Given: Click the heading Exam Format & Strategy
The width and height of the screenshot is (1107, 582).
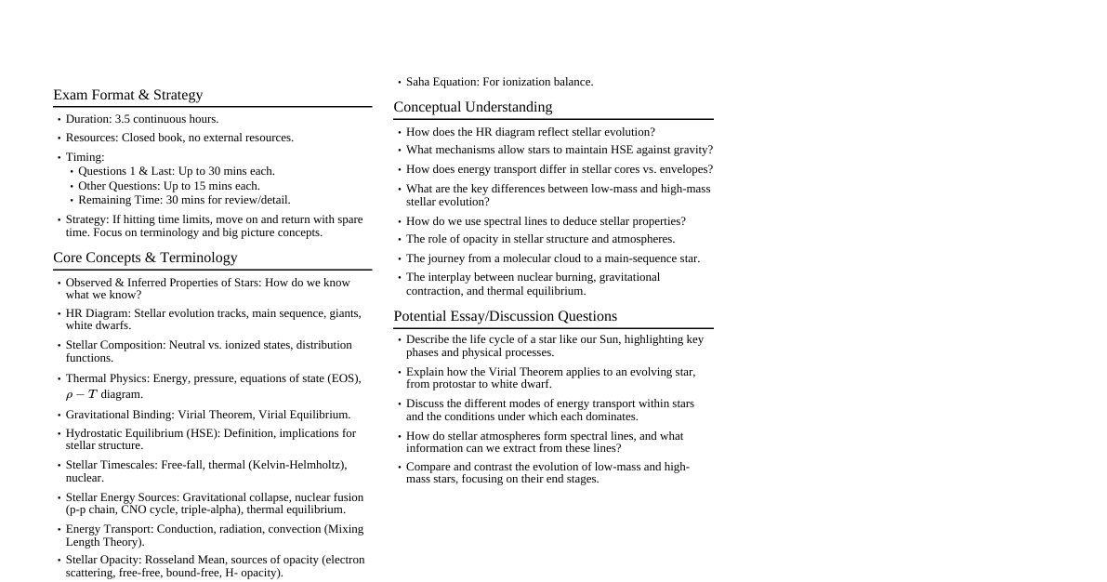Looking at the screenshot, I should (x=127, y=95).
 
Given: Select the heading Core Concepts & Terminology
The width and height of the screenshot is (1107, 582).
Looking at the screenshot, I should (x=145, y=258).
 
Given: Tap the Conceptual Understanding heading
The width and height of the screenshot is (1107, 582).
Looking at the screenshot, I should (x=472, y=107).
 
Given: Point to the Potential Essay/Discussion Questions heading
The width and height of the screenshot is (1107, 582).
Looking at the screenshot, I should (x=505, y=316).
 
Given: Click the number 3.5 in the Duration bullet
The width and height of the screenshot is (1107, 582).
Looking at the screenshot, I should (x=123, y=119).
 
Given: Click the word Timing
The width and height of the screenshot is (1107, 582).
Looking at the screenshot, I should (x=85, y=157).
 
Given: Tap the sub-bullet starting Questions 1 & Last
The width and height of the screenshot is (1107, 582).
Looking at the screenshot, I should (x=177, y=171).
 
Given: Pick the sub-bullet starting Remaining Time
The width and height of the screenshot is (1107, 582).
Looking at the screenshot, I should (x=184, y=200).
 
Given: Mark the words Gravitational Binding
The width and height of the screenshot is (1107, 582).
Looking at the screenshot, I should (x=119, y=415).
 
